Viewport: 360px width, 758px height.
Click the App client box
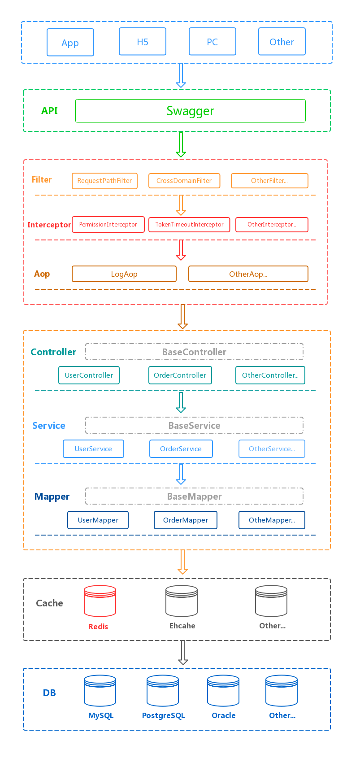[70, 43]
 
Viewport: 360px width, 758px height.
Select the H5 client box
[143, 42]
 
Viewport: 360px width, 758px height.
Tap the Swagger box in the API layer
[190, 111]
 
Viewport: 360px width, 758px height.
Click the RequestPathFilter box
[104, 181]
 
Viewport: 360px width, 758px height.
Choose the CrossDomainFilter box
[184, 181]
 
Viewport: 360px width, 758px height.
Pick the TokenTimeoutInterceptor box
[189, 225]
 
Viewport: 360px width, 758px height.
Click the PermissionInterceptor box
[108, 225]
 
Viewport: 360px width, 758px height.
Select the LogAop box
[124, 274]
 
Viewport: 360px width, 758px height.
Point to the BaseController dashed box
[194, 352]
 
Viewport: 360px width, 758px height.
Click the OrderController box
[180, 375]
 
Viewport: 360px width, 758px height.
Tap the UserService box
[93, 449]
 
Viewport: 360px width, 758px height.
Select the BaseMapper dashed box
[194, 497]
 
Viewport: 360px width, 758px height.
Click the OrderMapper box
[186, 520]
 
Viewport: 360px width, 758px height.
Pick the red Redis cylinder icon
[100, 601]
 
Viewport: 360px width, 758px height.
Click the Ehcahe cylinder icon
[182, 601]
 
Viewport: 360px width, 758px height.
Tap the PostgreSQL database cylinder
[163, 691]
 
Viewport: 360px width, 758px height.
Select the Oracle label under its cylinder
[223, 716]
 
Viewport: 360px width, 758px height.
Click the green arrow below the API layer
[181, 144]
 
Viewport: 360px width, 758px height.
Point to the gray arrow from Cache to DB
[183, 653]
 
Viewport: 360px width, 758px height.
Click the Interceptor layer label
[49, 225]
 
